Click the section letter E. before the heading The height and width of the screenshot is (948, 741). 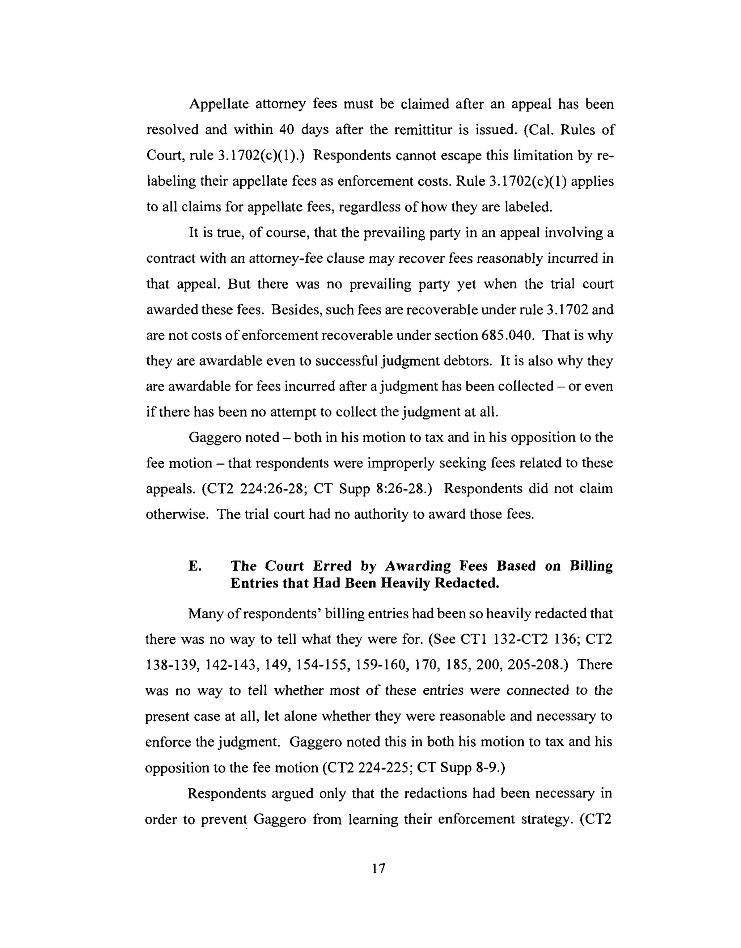coord(195,566)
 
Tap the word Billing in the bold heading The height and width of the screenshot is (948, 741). coord(591,566)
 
